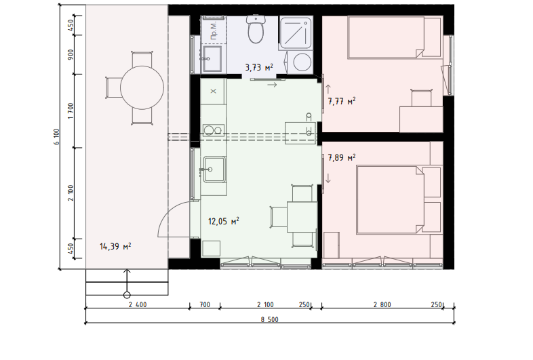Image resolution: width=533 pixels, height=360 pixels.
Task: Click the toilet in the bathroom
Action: pos(256,29)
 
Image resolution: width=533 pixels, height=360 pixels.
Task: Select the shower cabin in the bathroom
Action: pos(296,33)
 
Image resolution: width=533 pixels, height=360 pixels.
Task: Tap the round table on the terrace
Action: pos(142,87)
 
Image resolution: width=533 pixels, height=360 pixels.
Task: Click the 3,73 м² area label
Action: pos(259,67)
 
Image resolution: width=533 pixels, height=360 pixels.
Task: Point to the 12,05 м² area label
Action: pos(223,221)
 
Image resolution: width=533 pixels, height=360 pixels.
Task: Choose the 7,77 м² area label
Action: pos(342,101)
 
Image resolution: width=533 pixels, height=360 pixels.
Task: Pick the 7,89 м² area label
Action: pos(342,157)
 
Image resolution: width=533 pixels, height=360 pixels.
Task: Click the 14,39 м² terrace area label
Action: pos(115,246)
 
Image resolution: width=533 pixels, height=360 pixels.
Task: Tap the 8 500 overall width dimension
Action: pos(270,319)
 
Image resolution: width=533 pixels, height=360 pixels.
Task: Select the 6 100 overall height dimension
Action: pos(56,137)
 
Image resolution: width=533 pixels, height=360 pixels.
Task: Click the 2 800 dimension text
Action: pos(382,304)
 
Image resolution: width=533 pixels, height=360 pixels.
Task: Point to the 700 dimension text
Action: pos(205,304)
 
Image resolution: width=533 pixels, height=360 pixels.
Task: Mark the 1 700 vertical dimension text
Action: pos(71,111)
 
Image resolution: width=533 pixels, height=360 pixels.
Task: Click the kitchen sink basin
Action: pos(214,169)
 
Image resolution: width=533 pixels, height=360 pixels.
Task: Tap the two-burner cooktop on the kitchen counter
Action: pos(213,130)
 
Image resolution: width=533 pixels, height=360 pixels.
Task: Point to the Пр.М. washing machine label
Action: pos(214,31)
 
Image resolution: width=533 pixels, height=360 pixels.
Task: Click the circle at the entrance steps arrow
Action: pos(127,295)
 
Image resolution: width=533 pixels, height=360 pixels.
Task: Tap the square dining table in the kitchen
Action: pos(302,217)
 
